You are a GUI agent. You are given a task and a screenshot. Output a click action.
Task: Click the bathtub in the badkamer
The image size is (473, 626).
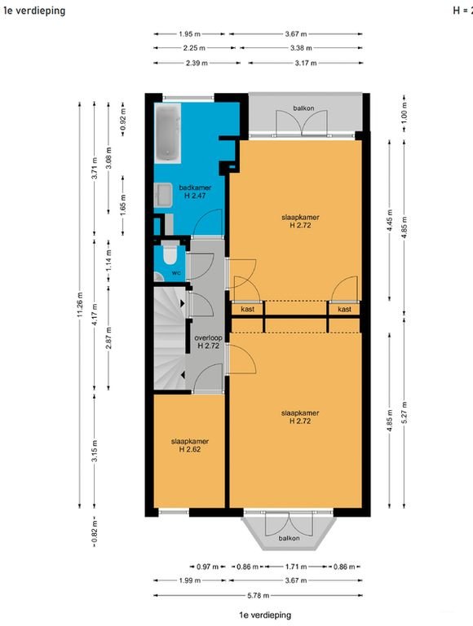tap(168, 133)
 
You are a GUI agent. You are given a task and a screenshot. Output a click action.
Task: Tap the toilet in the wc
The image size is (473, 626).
tap(170, 253)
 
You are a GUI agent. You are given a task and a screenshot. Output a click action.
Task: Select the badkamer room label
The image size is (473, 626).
tap(195, 187)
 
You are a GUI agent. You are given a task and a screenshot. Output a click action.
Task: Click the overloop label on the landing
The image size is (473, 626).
tap(208, 337)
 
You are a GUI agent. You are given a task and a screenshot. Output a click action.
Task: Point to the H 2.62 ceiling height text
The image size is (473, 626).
tap(190, 449)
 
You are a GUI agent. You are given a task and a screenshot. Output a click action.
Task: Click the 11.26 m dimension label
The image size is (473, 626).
tap(79, 305)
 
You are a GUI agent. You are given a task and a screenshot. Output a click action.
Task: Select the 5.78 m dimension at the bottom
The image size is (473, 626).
tap(258, 595)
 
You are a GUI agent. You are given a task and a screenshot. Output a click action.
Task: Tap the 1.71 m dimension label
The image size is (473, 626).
tap(296, 566)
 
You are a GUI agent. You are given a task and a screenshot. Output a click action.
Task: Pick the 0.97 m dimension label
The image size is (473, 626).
tap(208, 566)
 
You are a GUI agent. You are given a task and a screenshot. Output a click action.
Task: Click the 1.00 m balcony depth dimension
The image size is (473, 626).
tap(404, 112)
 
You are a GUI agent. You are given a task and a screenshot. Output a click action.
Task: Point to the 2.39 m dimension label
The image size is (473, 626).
tap(197, 63)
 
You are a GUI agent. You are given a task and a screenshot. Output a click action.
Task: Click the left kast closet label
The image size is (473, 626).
tap(248, 309)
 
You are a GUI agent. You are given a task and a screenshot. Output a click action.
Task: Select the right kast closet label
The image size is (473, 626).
tap(344, 309)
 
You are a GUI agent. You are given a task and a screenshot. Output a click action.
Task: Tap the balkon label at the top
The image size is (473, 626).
tap(303, 108)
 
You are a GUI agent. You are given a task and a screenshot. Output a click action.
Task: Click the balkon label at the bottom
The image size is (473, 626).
tap(289, 538)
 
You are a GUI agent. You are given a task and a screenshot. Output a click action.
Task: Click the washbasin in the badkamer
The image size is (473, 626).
tap(163, 196)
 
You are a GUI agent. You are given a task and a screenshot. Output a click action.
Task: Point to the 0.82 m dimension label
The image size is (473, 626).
tap(95, 532)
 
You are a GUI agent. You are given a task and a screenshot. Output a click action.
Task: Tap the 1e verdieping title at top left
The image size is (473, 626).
tap(34, 11)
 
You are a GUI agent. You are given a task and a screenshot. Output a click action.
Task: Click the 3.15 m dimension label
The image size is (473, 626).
tap(95, 451)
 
